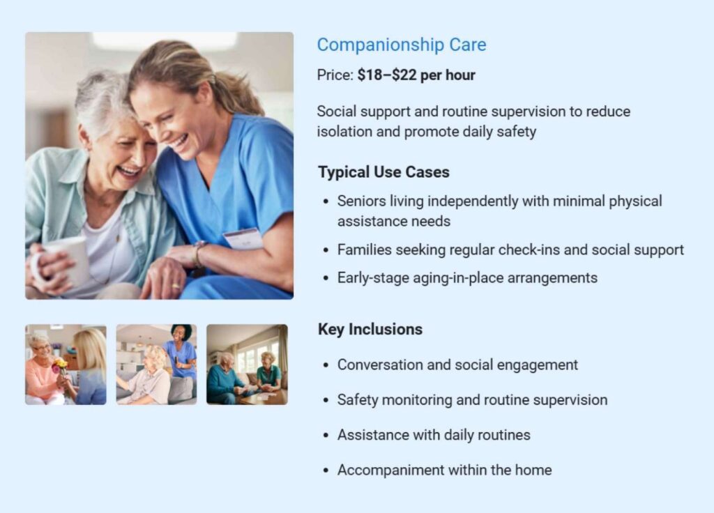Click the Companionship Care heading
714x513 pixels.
click(x=401, y=45)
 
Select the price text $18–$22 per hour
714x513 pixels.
click(x=416, y=75)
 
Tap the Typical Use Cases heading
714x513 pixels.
click(x=383, y=172)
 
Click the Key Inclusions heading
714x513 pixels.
click(x=370, y=329)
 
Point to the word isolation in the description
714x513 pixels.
click(x=345, y=132)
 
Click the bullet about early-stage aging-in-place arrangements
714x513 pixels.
click(x=467, y=277)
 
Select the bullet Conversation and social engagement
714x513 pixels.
click(x=457, y=365)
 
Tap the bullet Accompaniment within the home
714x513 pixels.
click(x=444, y=470)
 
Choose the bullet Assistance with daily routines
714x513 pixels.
click(x=434, y=435)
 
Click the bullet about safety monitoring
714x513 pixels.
click(x=472, y=400)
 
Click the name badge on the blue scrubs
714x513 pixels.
click(x=243, y=238)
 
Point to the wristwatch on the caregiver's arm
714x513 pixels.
click(x=199, y=253)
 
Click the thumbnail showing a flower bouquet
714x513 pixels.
click(x=66, y=365)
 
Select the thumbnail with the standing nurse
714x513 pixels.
click(x=156, y=365)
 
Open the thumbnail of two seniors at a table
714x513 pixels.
click(x=247, y=365)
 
